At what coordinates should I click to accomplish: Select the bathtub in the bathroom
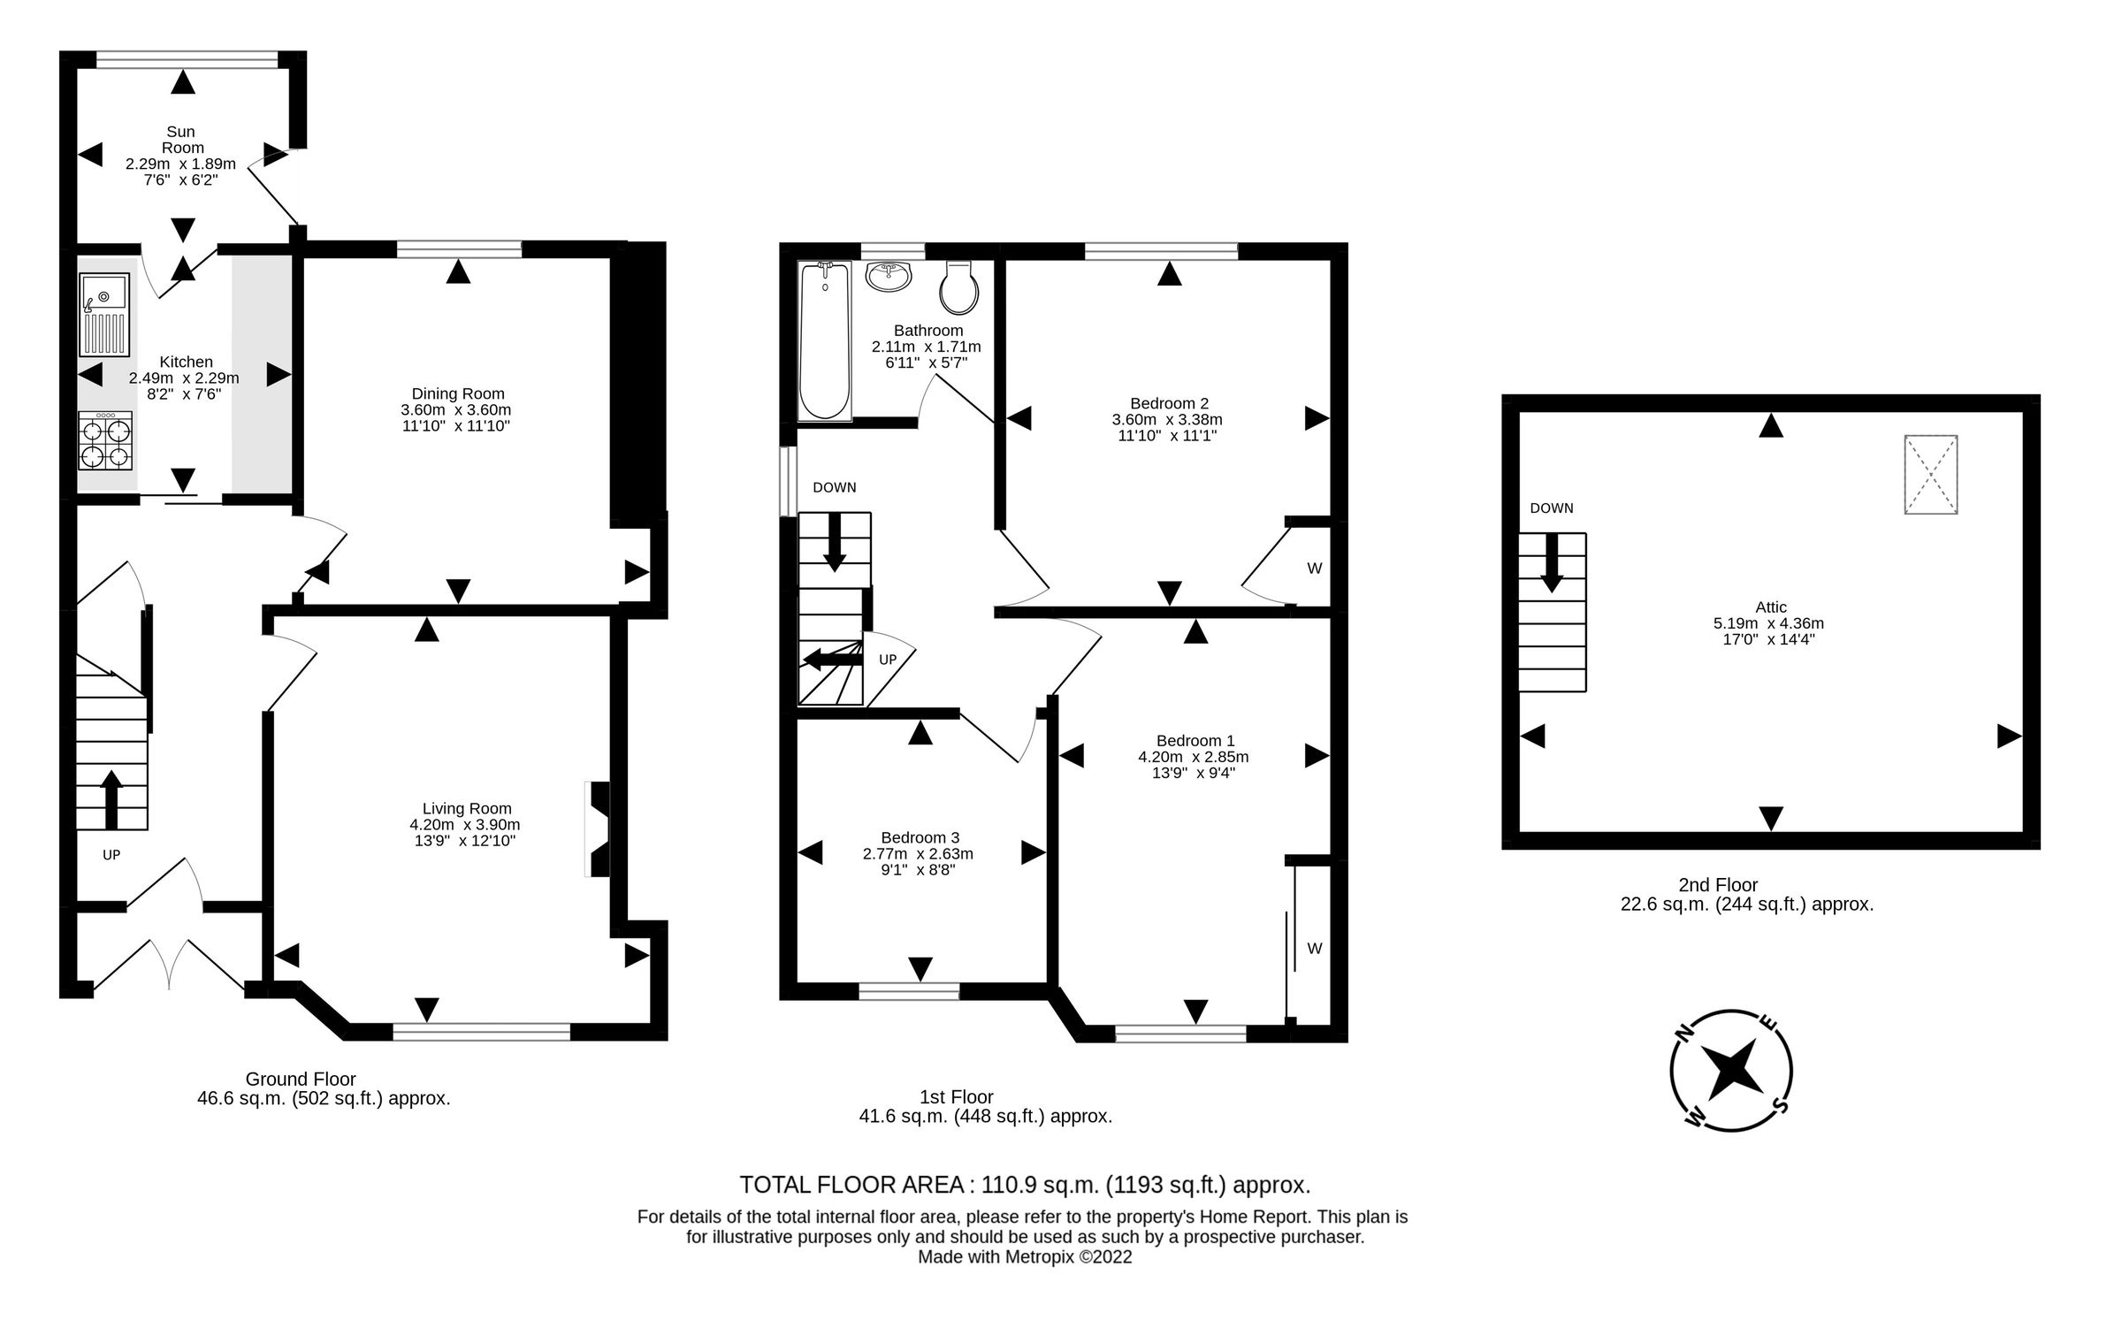point(824,341)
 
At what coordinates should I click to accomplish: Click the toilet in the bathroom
point(959,288)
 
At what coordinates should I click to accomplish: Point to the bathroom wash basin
point(889,276)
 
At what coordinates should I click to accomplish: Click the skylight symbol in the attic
point(1930,474)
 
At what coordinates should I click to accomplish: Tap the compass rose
point(1731,1071)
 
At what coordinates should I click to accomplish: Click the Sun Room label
point(182,140)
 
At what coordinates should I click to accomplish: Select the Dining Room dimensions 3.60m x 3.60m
point(455,410)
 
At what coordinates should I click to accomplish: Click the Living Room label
point(466,808)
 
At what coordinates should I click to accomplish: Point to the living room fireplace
point(598,828)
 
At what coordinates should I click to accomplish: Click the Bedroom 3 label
point(920,837)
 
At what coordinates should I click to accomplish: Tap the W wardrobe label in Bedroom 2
point(1314,569)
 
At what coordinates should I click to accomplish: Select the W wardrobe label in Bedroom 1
point(1314,949)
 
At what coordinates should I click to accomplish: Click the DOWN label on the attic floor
point(1551,508)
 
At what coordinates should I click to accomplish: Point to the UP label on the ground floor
point(111,855)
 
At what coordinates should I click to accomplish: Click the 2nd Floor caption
point(1717,884)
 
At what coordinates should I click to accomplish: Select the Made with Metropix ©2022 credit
point(1024,1257)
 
